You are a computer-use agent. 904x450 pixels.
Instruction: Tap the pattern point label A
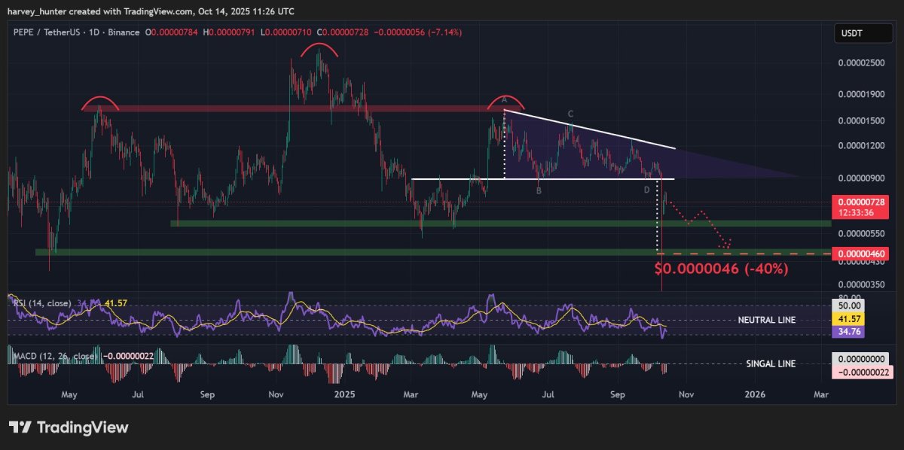[505, 99]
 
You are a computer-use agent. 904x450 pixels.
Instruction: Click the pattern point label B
[539, 191]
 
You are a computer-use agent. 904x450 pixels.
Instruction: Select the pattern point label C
[571, 114]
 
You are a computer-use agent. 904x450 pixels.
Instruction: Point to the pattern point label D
[646, 190]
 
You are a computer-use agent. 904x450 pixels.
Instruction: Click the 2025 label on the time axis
[344, 394]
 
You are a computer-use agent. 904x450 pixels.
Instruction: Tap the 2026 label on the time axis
[754, 394]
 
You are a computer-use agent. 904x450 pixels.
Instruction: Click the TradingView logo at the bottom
[69, 427]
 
